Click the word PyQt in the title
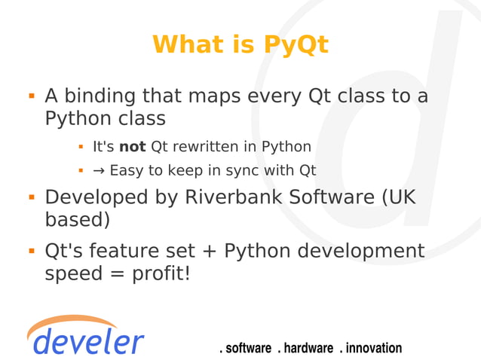296,45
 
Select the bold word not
132,146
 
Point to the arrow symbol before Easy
99,170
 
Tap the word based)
78,220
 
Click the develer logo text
88,341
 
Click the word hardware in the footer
308,348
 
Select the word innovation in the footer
374,348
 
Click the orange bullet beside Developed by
32,197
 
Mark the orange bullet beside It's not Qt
80,146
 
